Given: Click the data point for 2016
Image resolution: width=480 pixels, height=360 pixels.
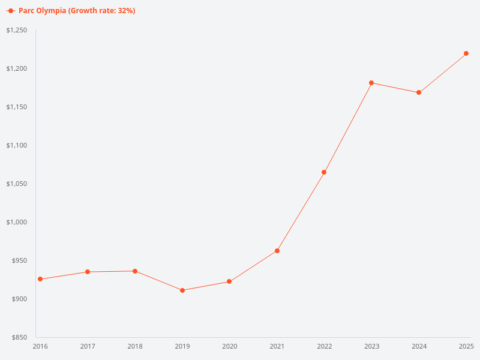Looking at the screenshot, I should tap(40, 279).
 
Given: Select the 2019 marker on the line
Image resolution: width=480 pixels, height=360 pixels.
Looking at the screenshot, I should tap(182, 290).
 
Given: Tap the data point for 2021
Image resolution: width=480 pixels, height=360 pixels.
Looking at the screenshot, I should tap(277, 251).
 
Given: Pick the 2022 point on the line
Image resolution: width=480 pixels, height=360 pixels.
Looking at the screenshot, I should tap(324, 172).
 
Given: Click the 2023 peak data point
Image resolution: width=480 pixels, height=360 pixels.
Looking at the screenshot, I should tap(371, 83).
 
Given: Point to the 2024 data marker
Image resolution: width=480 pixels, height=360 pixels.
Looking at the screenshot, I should tap(419, 92).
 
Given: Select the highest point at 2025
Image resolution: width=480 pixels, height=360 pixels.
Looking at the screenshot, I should tap(466, 53).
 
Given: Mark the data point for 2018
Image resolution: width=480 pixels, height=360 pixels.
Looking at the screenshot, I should tap(135, 271).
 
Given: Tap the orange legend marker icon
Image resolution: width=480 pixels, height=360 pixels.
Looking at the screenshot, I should tap(10, 11).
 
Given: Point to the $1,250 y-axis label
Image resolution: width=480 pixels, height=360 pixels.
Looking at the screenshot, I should tap(16, 30).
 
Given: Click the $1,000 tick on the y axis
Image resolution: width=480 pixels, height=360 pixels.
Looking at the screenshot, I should tap(16, 222).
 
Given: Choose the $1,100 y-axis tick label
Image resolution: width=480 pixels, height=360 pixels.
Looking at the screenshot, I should tap(16, 145).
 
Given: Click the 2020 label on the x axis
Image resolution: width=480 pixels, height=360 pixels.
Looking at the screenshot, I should tap(230, 346).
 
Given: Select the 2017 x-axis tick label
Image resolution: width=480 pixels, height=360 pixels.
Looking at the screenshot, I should tap(88, 346).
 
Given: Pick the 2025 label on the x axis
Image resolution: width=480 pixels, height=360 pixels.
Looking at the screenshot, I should tap(466, 346).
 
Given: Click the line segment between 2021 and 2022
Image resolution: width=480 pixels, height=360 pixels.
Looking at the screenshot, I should tap(301, 211).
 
